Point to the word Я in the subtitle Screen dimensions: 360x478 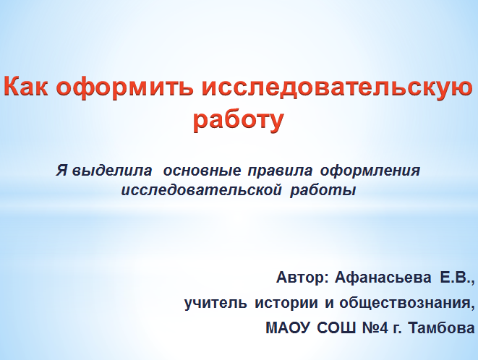[61, 172]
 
